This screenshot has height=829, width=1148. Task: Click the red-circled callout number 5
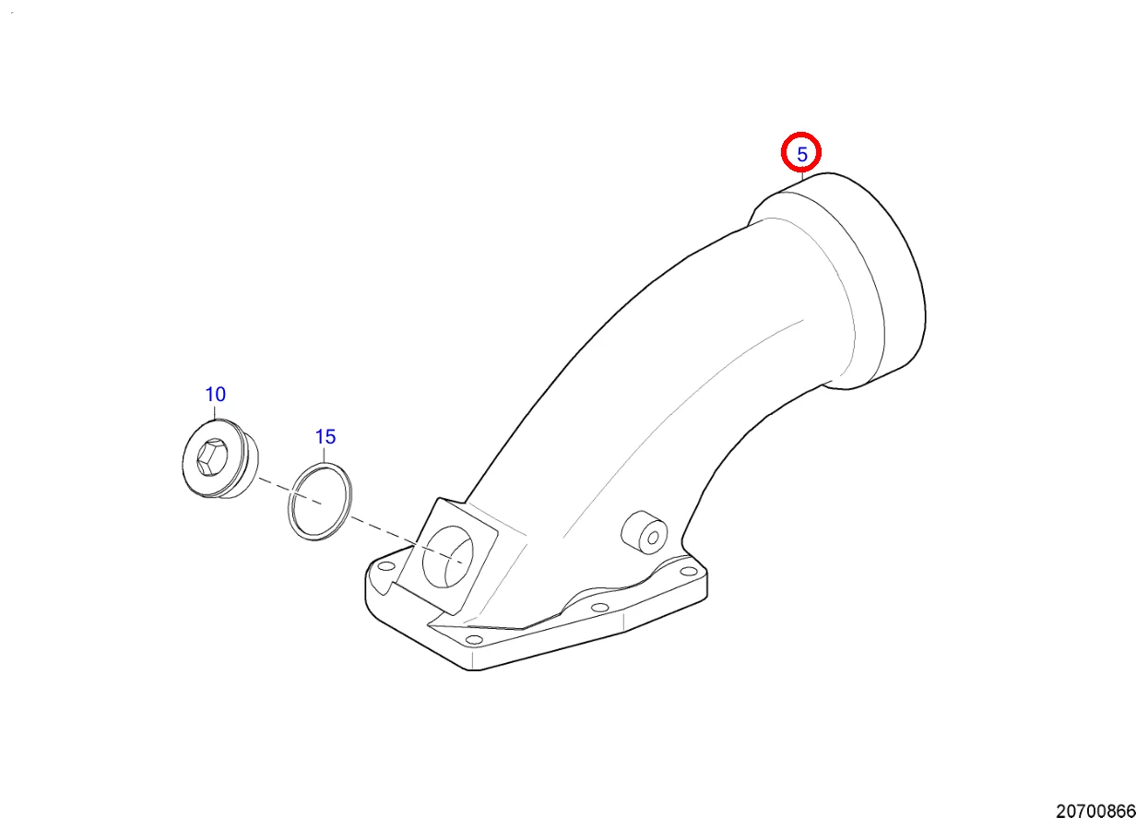coord(802,154)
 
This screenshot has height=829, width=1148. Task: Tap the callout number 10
coord(215,395)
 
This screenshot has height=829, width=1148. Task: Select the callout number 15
coord(325,436)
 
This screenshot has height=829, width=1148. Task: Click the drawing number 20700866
coord(1095,811)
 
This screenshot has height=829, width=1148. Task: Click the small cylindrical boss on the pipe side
coord(644,533)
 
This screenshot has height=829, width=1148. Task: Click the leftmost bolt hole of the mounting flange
coord(383,578)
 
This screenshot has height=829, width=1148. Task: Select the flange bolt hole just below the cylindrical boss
coord(598,608)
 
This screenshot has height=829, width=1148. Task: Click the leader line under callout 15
coord(325,454)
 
